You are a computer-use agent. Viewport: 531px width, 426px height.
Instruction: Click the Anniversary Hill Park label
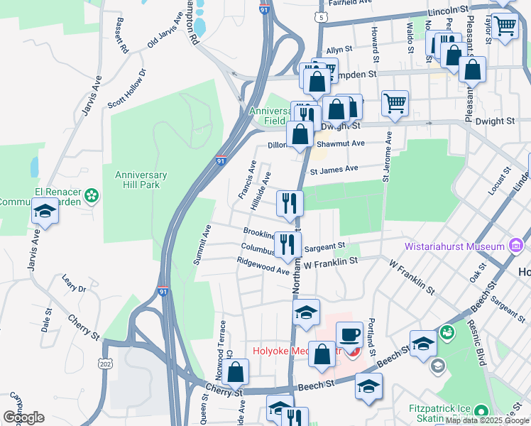tap(141, 180)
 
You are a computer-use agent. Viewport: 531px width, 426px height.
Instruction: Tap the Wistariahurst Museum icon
tap(516, 246)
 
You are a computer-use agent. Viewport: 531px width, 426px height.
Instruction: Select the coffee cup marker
tap(349, 335)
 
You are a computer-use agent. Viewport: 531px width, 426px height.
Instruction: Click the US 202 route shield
tap(105, 364)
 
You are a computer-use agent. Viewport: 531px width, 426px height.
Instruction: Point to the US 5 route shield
tap(322, 16)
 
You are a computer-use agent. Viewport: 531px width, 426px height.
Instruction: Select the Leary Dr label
tap(73, 284)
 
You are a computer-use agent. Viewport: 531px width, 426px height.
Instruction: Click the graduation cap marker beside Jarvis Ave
tap(45, 212)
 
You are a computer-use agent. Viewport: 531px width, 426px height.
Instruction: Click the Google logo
tap(23, 417)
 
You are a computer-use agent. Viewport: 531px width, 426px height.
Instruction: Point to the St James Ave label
tap(334, 169)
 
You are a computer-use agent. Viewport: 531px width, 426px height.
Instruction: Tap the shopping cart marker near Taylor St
tap(505, 26)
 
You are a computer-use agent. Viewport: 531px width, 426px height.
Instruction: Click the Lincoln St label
tap(448, 11)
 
